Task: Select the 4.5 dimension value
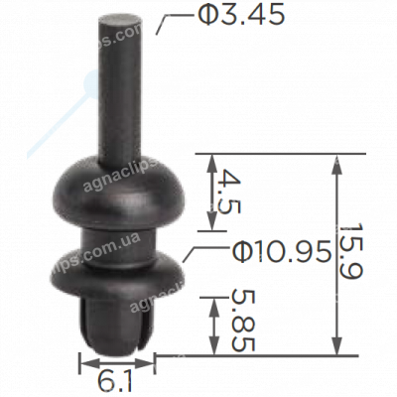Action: click(x=229, y=192)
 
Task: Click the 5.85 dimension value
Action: click(x=242, y=320)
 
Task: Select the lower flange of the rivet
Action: click(x=116, y=272)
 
